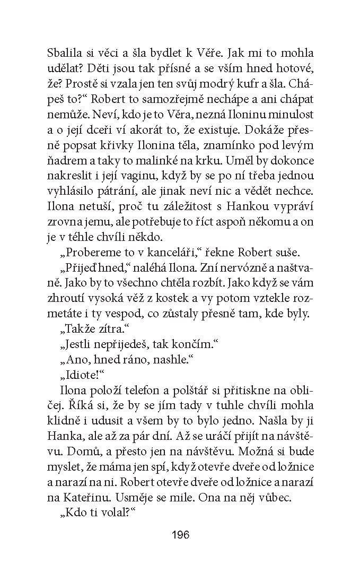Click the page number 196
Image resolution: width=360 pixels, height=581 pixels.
[180, 534]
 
